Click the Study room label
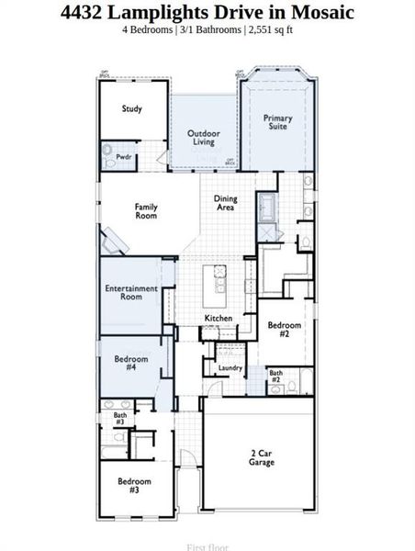(x=131, y=109)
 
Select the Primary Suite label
(x=277, y=123)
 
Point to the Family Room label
(x=146, y=211)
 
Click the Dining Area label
(x=225, y=204)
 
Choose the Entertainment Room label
(x=130, y=293)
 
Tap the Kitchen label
(x=218, y=319)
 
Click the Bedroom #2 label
(x=284, y=330)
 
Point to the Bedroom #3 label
(x=134, y=486)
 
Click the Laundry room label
(x=230, y=368)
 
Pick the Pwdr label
(x=124, y=157)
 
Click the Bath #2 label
(x=275, y=376)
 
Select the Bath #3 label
(x=120, y=418)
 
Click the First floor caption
(x=207, y=547)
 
